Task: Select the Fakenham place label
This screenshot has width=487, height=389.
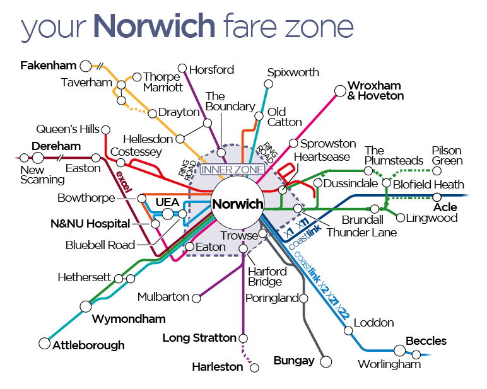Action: (x=48, y=65)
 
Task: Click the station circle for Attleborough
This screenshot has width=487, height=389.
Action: (x=44, y=344)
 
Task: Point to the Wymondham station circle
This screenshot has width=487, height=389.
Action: (x=85, y=306)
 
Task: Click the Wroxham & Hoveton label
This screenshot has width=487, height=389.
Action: (x=375, y=91)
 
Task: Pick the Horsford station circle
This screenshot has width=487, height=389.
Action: (x=182, y=68)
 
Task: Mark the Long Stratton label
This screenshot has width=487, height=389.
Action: (x=199, y=338)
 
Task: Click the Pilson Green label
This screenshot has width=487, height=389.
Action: (x=447, y=156)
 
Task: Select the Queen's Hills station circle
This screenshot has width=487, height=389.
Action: (x=105, y=130)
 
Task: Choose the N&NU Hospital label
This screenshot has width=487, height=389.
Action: (x=90, y=224)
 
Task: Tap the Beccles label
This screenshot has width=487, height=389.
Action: (x=426, y=341)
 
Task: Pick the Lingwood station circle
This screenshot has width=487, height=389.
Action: (x=400, y=218)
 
